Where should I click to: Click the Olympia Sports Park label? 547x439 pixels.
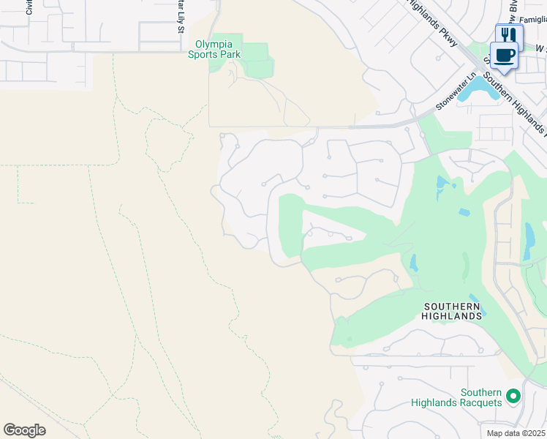pos(214,49)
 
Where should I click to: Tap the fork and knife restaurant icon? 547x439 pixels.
pos(509,34)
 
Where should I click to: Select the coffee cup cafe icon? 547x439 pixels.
pos(503,55)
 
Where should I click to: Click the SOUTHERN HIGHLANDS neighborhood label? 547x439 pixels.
pos(451,310)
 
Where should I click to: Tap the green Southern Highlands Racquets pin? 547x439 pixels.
pos(513,397)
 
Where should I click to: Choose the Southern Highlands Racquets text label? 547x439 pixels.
pos(456,397)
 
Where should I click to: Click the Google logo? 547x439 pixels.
pos(24,430)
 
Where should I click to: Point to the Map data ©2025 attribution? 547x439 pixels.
pos(516,433)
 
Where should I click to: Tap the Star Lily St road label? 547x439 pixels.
pos(180,16)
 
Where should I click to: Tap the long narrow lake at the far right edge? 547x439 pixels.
pos(529,241)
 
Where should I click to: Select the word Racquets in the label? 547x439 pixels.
pos(481,402)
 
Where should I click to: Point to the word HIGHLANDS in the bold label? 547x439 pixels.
pos(451,315)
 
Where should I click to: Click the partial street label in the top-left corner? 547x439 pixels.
pos(29,7)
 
